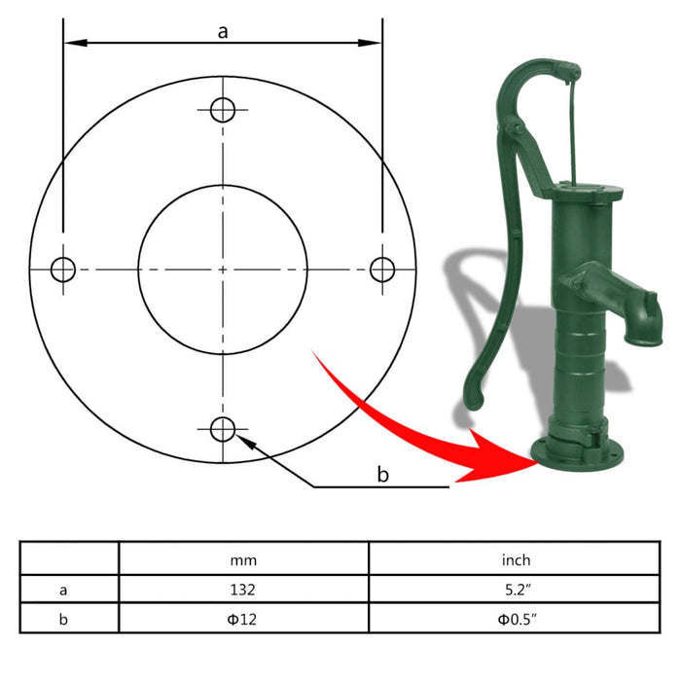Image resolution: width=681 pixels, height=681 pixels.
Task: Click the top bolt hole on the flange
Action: [x=223, y=109]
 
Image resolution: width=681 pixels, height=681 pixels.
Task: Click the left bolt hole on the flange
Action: [x=63, y=269]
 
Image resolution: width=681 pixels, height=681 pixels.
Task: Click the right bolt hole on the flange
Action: [x=382, y=269]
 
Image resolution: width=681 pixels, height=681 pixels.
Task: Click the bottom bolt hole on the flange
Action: [x=223, y=428]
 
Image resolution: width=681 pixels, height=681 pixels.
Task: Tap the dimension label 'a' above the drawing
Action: [x=223, y=31]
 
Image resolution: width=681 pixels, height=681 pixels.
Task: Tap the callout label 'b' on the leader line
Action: [x=382, y=474]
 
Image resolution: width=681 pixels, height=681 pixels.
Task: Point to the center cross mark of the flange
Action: [x=223, y=269]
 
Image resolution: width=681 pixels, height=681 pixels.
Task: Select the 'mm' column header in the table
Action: [x=243, y=559]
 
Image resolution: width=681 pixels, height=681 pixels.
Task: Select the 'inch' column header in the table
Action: [x=516, y=559]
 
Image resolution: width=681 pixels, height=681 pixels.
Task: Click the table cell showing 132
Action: [x=243, y=589]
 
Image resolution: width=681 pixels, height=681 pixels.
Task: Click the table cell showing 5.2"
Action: [x=516, y=589]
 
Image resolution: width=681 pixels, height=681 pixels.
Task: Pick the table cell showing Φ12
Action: [x=243, y=619]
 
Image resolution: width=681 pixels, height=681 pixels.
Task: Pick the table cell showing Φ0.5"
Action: [x=516, y=619]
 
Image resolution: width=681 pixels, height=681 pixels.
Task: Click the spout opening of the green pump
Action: [x=643, y=336]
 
